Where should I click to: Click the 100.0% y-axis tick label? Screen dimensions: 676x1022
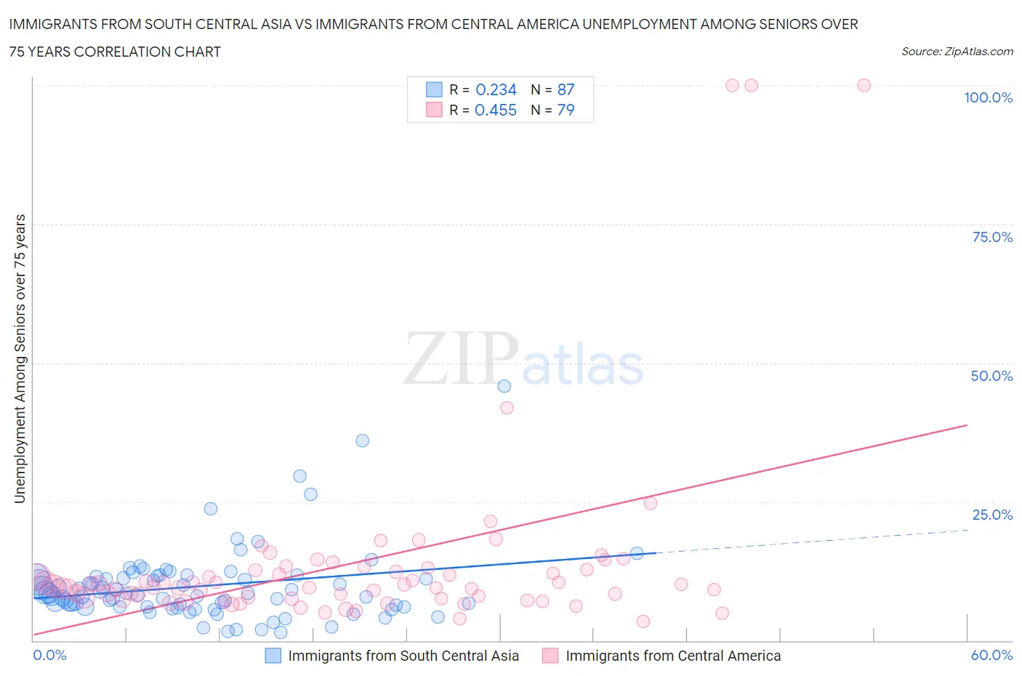tap(988, 97)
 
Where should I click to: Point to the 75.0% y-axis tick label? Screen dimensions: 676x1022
tap(992, 237)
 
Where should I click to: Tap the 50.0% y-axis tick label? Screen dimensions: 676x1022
tap(991, 376)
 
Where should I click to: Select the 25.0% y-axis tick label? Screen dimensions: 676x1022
tap(992, 515)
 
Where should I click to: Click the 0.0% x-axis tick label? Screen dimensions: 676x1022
tap(49, 655)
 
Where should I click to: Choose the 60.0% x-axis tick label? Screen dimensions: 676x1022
tap(991, 655)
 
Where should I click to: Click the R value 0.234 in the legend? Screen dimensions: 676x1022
tap(496, 89)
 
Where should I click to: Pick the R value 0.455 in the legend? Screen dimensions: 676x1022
tap(496, 110)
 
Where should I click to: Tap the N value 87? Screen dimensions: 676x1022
tap(566, 89)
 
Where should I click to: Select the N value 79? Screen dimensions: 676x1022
tap(566, 110)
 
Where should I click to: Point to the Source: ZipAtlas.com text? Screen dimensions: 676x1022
tap(957, 51)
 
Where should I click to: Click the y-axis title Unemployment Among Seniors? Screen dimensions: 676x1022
tap(20, 358)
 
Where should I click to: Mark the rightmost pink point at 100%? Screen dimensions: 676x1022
tap(864, 85)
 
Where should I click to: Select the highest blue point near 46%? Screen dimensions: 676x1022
tap(504, 386)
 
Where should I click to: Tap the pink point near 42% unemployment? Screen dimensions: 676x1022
tap(507, 408)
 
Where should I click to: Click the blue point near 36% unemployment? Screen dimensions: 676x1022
tap(362, 440)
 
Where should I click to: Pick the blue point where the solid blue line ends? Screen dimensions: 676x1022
tap(637, 553)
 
